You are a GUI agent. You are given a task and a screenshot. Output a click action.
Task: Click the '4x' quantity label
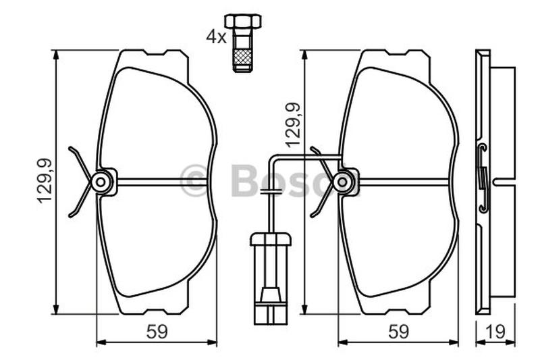pos(216,37)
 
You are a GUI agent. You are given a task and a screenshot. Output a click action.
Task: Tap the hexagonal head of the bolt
pos(243,21)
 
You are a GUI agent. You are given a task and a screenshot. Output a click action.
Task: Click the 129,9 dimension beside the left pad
pos(45,181)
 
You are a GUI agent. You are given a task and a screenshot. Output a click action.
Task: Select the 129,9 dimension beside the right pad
pos(293,126)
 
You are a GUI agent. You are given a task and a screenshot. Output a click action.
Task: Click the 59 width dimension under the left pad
pos(157,332)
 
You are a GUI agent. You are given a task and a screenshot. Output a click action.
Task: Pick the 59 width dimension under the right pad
pos(398,332)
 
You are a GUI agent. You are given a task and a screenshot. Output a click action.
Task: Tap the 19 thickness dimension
pos(495,332)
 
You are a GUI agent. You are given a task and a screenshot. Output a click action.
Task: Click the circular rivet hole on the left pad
pos(101,182)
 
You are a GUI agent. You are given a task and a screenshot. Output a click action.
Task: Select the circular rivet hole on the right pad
pos(343,182)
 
